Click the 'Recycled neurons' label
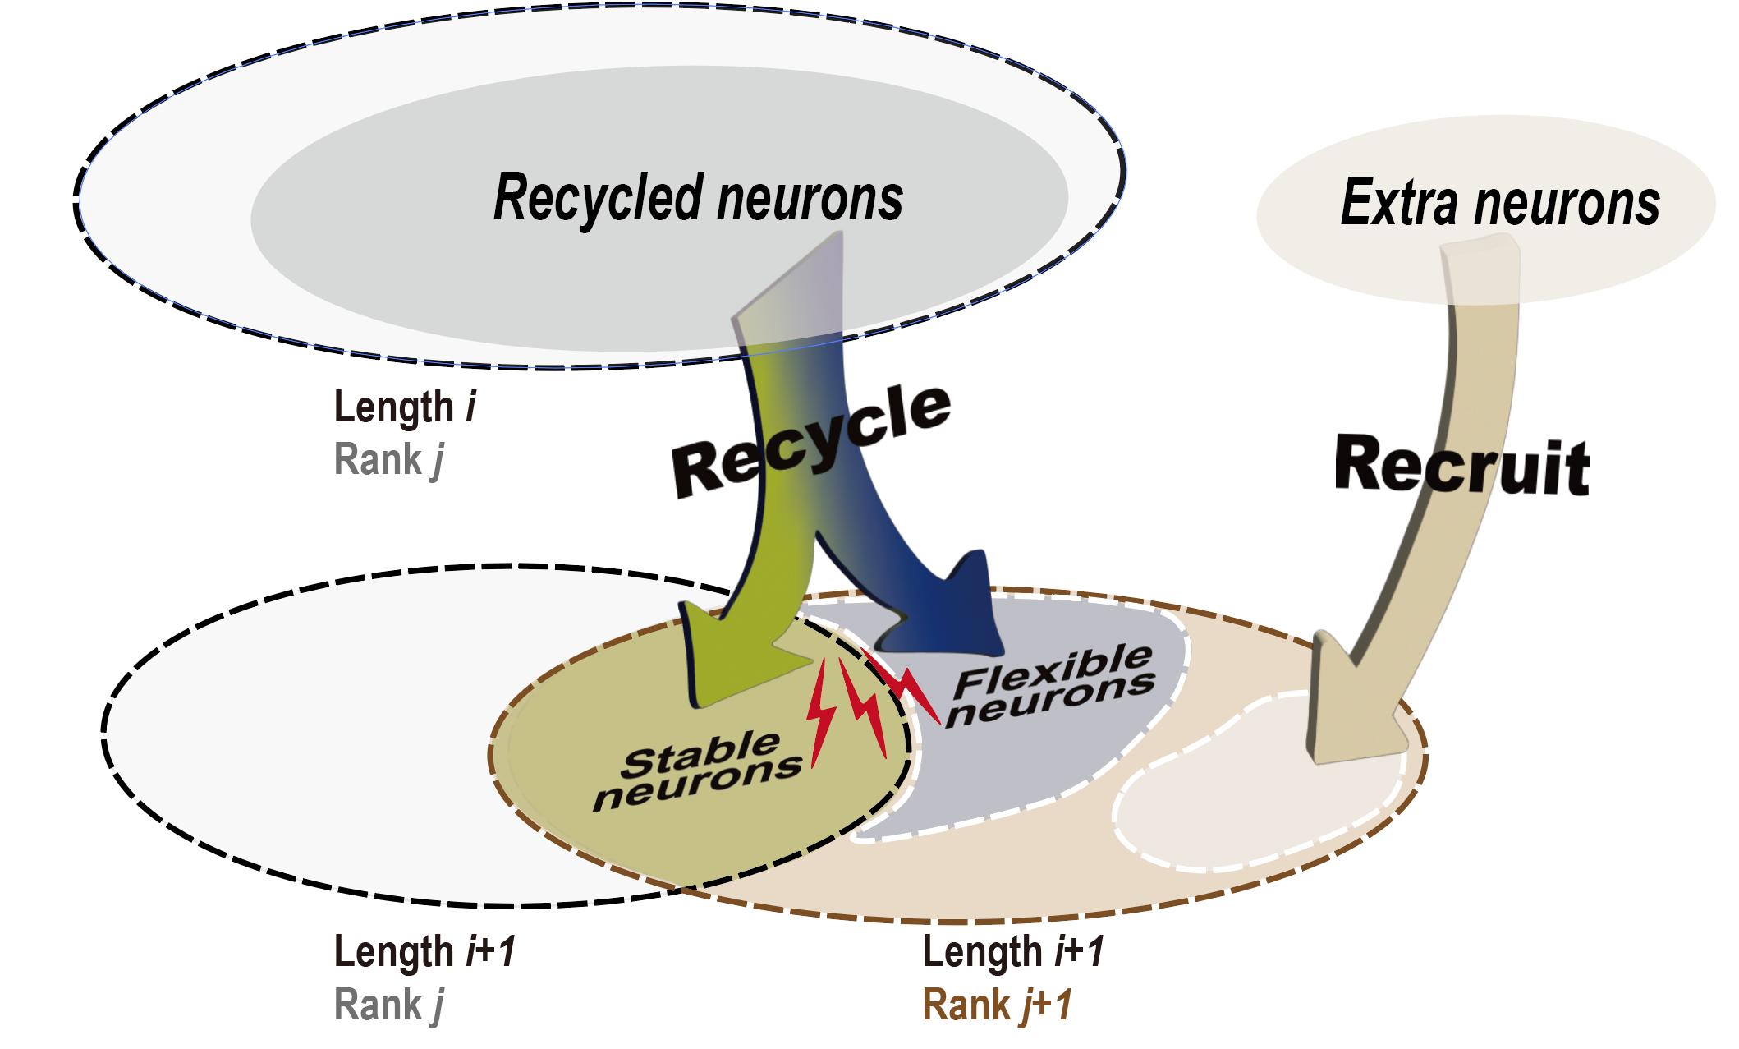[698, 199]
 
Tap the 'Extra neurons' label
[1500, 204]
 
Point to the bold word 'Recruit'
[1462, 466]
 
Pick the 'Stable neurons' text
[699, 770]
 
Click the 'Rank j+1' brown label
[998, 1005]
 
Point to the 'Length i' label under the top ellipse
[405, 407]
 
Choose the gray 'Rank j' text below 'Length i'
[389, 459]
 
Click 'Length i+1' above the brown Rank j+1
[1013, 951]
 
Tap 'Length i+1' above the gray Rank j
[424, 951]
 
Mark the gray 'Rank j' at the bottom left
[389, 1005]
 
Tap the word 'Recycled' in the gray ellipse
[599, 199]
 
